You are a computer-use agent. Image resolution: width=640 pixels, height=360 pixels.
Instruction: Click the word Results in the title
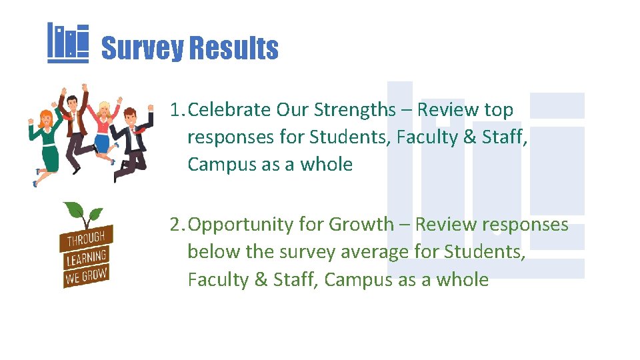coord(234,49)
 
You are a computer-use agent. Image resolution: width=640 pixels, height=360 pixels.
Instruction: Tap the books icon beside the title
coord(68,43)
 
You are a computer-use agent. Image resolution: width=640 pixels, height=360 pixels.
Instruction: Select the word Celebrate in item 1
coord(229,109)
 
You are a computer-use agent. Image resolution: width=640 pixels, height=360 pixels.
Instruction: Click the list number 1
coord(175,109)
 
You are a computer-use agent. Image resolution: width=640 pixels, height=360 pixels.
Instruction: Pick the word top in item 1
coord(499,109)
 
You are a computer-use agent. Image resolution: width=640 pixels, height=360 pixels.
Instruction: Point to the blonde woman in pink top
coord(104,130)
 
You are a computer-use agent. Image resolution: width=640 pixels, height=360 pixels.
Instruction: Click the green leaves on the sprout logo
coord(83,215)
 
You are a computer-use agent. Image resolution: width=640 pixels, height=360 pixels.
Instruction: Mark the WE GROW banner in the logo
coord(86,275)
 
